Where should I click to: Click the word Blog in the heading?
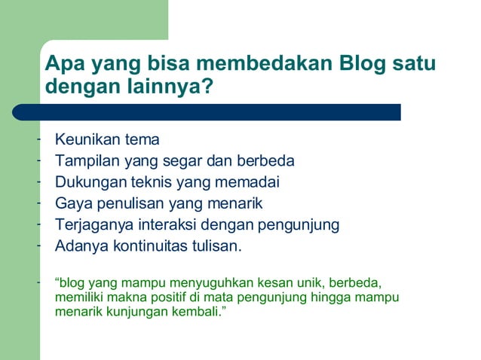coord(363,63)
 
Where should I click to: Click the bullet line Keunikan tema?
coord(107,140)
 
